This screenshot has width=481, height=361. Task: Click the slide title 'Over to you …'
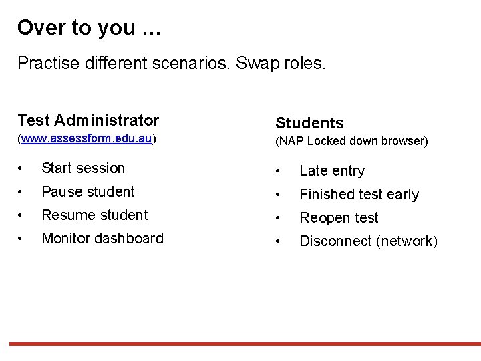[x=88, y=28]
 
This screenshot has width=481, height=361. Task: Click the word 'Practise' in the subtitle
[x=44, y=64]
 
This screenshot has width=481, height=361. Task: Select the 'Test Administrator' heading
[x=88, y=120]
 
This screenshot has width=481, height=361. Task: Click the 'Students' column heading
[x=309, y=123]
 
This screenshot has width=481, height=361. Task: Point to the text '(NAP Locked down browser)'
[x=351, y=141]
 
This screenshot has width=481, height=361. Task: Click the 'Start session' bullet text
[x=83, y=168]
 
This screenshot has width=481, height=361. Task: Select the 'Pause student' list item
[x=88, y=192]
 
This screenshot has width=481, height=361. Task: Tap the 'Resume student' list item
[x=94, y=215]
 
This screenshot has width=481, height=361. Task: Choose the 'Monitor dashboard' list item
[x=102, y=239]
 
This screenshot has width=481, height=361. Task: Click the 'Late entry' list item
[x=332, y=171]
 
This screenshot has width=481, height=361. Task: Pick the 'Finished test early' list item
[x=359, y=195]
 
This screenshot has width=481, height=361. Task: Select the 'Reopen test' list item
[x=339, y=218]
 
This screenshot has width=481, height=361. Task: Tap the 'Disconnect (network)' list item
[x=368, y=241]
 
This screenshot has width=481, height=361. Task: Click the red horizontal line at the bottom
[x=240, y=344]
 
